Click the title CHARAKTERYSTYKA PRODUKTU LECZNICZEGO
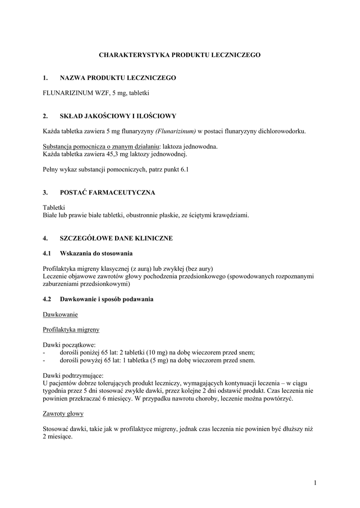(180, 55)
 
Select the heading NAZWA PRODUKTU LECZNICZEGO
(118, 78)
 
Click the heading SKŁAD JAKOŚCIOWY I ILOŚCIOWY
(118, 117)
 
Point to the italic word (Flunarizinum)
(175, 131)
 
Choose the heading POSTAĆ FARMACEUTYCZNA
(107, 192)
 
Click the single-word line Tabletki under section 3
(54, 207)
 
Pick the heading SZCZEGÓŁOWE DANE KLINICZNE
(116, 239)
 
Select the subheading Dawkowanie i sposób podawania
(107, 299)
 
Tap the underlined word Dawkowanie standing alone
(61, 315)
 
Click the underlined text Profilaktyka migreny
(72, 329)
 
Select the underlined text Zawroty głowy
(63, 414)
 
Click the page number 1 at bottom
(315, 483)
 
